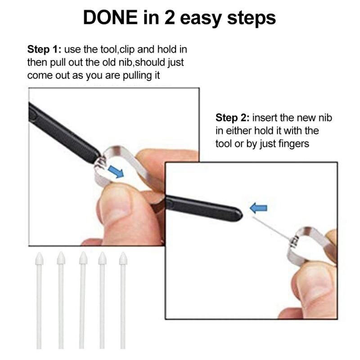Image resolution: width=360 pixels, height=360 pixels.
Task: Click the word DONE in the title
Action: tap(110, 17)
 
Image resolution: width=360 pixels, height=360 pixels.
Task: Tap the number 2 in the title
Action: tap(170, 18)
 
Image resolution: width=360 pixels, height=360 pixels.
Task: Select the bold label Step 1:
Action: tap(44, 49)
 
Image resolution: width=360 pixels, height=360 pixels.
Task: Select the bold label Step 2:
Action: tap(232, 118)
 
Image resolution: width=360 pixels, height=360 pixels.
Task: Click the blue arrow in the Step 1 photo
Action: tap(116, 172)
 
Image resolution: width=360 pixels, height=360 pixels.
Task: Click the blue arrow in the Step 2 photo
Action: tap(258, 208)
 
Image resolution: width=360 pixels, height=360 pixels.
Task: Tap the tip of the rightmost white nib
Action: tap(123, 252)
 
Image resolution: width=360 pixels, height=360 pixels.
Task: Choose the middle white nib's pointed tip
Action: tap(83, 252)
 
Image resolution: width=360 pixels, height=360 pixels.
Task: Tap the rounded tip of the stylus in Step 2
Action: tap(241, 215)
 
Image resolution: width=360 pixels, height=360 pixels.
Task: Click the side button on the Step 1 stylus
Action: tap(32, 114)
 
